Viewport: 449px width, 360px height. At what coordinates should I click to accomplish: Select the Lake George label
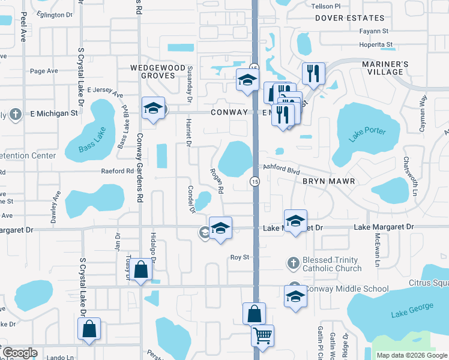click(x=412, y=310)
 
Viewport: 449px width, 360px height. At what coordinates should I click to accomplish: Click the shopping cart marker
click(x=262, y=336)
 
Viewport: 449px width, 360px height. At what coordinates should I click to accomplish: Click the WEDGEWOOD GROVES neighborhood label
click(x=158, y=73)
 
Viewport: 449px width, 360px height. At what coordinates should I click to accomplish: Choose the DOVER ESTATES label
click(x=350, y=19)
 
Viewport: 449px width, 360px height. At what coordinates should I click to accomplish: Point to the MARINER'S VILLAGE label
click(x=385, y=68)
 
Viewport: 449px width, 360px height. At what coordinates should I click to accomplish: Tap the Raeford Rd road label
click(x=117, y=171)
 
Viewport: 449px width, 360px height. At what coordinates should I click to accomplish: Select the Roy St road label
click(x=240, y=257)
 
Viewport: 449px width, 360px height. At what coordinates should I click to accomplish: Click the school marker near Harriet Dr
click(x=153, y=109)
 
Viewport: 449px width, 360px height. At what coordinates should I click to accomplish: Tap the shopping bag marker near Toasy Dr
click(x=140, y=271)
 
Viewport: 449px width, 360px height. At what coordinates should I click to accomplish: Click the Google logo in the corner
click(x=20, y=353)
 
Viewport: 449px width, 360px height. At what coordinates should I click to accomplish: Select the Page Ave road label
click(x=44, y=71)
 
